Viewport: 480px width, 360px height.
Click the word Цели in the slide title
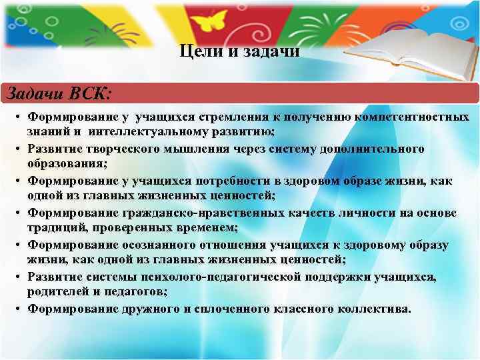[x=195, y=51]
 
